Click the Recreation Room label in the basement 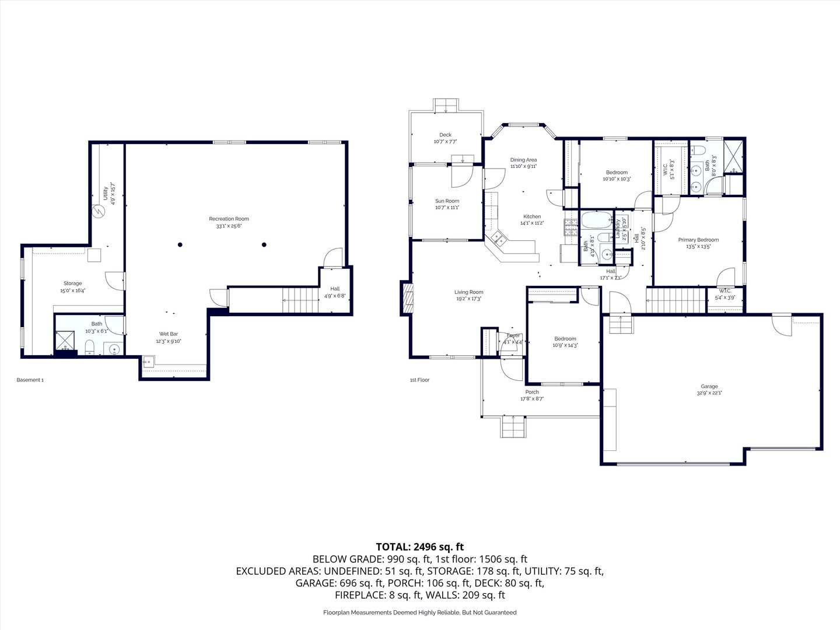pos(229,219)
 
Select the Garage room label pos(709,386)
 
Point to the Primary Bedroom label pos(698,240)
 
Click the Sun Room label pos(447,201)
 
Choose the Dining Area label pos(523,160)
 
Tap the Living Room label pos(468,292)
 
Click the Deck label pos(445,135)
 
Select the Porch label pos(532,392)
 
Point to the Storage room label pos(72,283)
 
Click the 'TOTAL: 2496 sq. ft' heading pos(419,547)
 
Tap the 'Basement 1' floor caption pos(30,380)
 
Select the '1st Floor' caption pos(419,380)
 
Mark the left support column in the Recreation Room pos(180,244)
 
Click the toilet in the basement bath pos(90,349)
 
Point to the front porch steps pos(513,426)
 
